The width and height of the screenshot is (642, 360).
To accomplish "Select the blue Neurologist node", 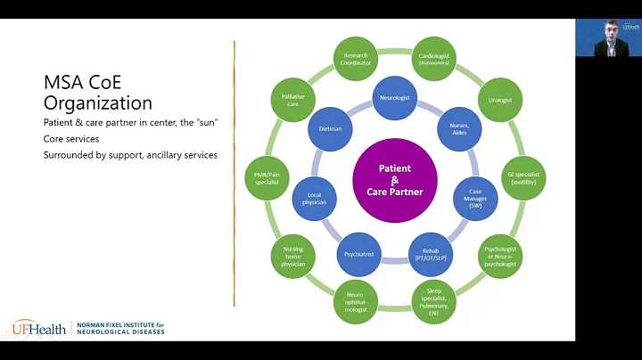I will [395, 97].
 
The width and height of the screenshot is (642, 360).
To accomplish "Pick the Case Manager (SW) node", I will [475, 198].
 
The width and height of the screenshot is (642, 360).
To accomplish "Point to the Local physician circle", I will [315, 198].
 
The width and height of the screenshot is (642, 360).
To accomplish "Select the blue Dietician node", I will [331, 128].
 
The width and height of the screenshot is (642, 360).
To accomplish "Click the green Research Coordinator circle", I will [355, 59].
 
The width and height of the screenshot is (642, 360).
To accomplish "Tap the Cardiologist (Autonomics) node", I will [434, 59].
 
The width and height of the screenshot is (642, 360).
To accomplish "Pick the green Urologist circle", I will [500, 100].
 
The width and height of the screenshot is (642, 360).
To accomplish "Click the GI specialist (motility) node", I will [523, 176].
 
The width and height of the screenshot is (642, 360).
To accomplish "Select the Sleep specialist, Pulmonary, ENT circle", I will [434, 300].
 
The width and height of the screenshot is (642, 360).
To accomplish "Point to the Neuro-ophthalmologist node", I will [355, 300].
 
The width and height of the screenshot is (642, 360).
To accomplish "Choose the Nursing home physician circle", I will [293, 256].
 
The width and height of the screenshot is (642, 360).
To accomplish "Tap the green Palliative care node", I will [290, 100].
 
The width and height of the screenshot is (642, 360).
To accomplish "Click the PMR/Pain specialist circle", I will [267, 176].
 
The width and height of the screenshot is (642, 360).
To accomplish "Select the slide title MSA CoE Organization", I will [98, 93].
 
